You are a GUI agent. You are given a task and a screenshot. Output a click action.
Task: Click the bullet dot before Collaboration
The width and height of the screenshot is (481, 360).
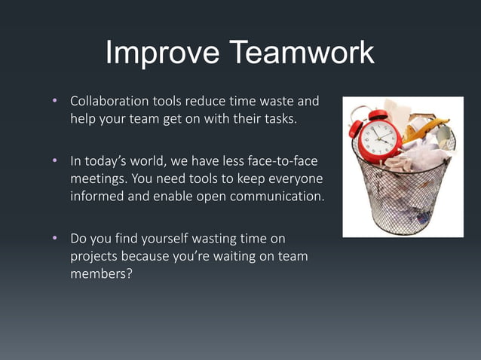point(54,101)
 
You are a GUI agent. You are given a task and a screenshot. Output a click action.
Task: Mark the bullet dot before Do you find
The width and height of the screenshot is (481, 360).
point(54,239)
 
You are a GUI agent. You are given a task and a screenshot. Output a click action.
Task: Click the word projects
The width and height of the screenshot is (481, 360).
point(93,258)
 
